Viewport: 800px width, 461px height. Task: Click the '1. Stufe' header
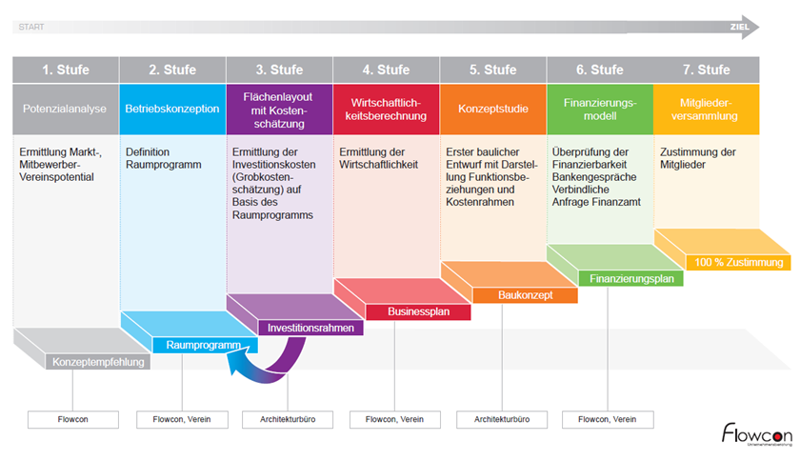coord(66,70)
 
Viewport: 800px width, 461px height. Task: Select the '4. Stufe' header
coord(386,70)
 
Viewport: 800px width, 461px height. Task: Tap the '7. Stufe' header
coord(707,70)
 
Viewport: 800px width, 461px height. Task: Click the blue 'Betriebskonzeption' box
coord(172,109)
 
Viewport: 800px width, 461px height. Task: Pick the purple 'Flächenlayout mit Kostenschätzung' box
coord(279,109)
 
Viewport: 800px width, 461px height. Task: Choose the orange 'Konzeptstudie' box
coord(492,109)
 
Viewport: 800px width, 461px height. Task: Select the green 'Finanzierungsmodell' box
coord(599,109)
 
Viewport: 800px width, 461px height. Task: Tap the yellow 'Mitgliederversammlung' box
coord(707,109)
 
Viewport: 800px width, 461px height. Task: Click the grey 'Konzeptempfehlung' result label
coord(99,362)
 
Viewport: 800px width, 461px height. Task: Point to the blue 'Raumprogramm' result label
coord(205,345)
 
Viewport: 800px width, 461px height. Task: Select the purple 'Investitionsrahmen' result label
coord(311,328)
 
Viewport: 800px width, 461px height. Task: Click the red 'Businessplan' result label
coord(418,311)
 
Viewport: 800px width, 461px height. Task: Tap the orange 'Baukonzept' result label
coord(525,295)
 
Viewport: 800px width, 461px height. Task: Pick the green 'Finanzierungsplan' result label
coord(631,279)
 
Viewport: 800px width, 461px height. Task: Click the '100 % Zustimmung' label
coord(738,262)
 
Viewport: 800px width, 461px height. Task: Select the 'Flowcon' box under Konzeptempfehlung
coord(73,419)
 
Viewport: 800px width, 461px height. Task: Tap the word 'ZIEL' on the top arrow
coord(739,27)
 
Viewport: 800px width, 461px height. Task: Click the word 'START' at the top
coord(30,27)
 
